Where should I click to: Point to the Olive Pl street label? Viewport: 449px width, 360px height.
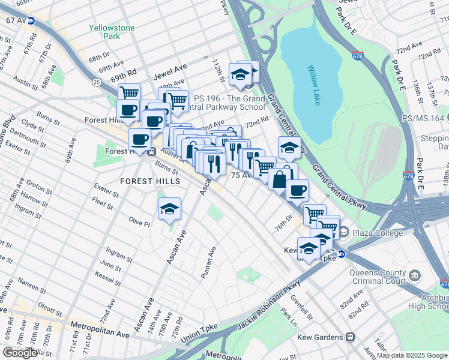[x=139, y=222]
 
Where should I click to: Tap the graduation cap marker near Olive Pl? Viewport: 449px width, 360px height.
[x=169, y=209]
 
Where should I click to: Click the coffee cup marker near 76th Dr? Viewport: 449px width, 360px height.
[x=297, y=191]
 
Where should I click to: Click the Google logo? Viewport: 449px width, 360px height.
[x=20, y=353]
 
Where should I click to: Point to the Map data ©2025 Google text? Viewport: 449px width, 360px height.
[x=412, y=355]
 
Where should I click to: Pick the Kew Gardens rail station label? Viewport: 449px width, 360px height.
[x=327, y=337]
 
